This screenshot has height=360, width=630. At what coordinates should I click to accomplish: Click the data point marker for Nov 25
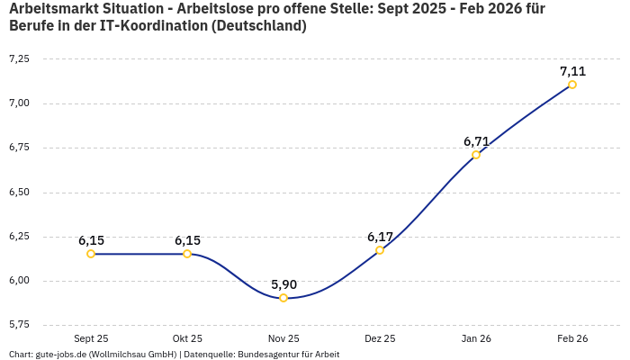pos(283,298)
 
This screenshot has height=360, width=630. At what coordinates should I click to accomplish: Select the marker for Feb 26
pos(572,85)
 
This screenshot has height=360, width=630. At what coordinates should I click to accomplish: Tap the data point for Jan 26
pos(476,155)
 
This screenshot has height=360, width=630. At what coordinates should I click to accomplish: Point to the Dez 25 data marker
pos(380,250)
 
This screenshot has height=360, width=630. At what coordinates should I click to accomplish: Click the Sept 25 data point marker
pos(91,254)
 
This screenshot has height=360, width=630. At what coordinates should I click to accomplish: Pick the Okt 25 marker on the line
pos(187,254)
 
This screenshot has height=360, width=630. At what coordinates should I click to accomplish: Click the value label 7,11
pos(572,71)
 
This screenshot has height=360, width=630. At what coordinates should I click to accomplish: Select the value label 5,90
pos(283,284)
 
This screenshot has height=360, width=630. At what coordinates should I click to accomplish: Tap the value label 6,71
pos(476,141)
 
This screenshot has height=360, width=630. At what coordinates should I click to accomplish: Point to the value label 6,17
pos(380,237)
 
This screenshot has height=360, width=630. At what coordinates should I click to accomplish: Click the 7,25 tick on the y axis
pos(19,58)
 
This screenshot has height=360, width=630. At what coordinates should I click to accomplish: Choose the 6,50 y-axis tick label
pos(19,192)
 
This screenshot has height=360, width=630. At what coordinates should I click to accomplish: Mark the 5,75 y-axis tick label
pos(19,324)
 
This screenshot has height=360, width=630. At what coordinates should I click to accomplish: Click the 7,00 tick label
pos(19,103)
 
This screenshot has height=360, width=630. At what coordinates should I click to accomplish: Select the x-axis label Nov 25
pos(283,338)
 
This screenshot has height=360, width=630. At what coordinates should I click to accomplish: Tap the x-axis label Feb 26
pos(572,338)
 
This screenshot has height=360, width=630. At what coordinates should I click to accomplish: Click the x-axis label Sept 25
pos(91,338)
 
